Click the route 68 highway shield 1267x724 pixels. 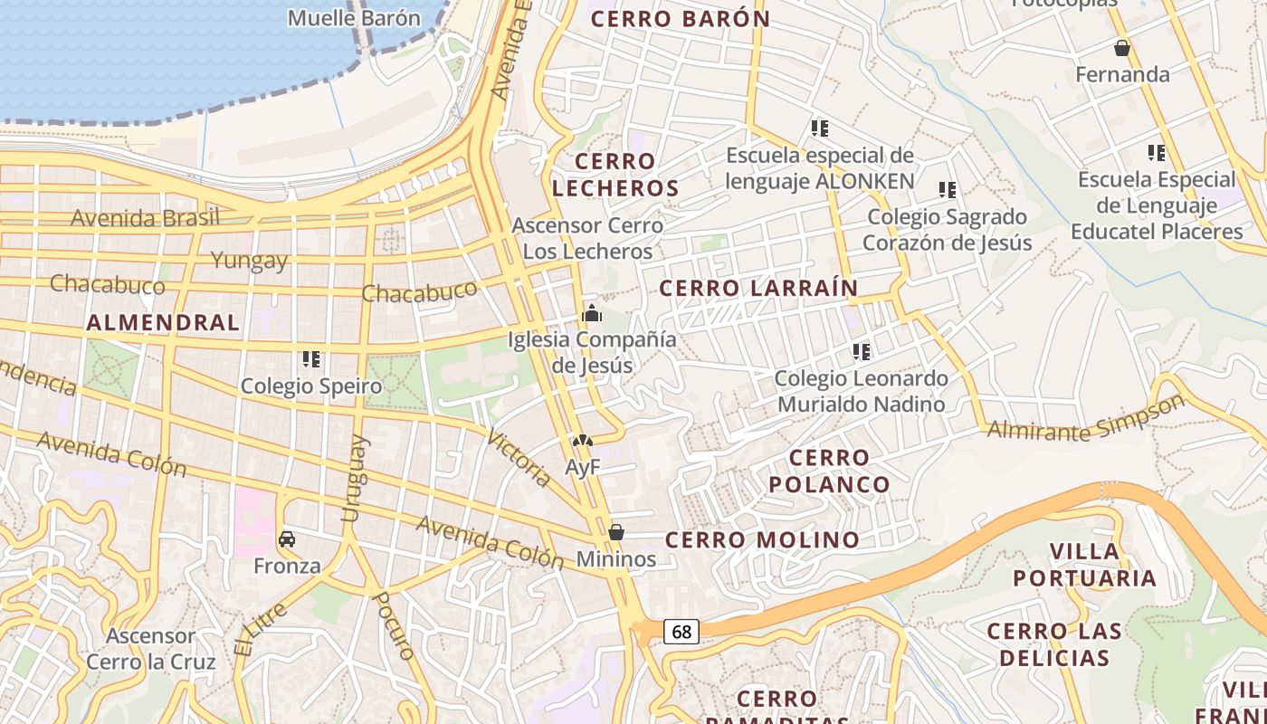(x=681, y=632)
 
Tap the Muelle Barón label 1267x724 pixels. (x=354, y=18)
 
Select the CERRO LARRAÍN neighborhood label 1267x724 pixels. (x=758, y=289)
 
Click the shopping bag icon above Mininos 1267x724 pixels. (x=616, y=532)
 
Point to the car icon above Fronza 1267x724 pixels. (x=287, y=539)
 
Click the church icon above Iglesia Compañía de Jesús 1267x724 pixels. (x=592, y=314)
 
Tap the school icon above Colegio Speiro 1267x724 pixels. (x=311, y=359)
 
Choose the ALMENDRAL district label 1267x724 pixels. (x=164, y=322)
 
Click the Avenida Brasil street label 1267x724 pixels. (x=145, y=218)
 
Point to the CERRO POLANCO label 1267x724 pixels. (x=830, y=471)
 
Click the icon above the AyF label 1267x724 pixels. (x=582, y=441)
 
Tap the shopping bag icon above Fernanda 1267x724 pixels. (x=1122, y=48)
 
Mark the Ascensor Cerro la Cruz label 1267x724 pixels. (x=151, y=649)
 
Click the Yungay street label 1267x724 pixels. (x=249, y=261)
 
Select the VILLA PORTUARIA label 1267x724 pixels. (x=1084, y=565)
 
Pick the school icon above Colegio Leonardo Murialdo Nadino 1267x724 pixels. (x=862, y=351)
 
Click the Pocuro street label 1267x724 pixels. (x=394, y=625)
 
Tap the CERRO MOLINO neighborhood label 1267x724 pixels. (x=763, y=540)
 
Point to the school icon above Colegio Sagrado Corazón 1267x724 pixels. (x=948, y=190)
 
